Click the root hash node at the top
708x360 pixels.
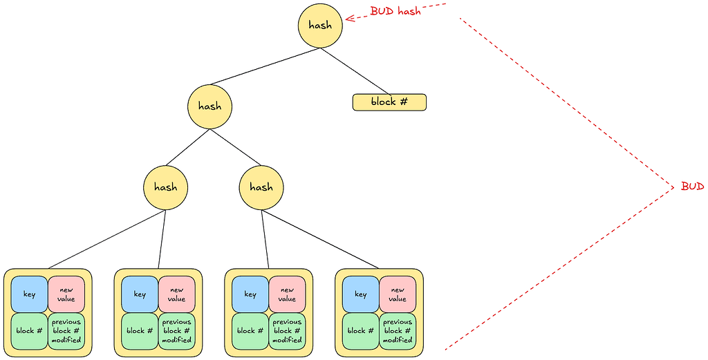(320, 26)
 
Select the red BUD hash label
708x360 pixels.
(395, 11)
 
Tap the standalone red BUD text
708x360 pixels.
(692, 187)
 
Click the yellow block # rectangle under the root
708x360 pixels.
(389, 102)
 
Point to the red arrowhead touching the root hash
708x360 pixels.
(348, 19)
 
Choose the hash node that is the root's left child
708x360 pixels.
(209, 106)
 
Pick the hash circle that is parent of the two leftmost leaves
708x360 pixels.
(165, 187)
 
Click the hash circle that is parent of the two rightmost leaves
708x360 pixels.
(261, 187)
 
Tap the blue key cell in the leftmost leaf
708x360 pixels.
(29, 294)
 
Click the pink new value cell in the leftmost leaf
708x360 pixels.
(66, 294)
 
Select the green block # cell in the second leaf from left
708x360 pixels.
(140, 331)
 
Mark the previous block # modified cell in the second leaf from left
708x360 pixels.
(176, 331)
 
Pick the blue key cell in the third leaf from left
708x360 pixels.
(250, 294)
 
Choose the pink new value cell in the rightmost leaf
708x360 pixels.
(398, 294)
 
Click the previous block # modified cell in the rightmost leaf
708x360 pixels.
(398, 331)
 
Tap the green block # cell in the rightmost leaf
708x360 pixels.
(360, 331)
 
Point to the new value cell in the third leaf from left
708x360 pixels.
(287, 294)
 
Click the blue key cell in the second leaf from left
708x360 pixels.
(140, 294)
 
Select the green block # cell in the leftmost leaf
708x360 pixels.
(29, 331)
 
